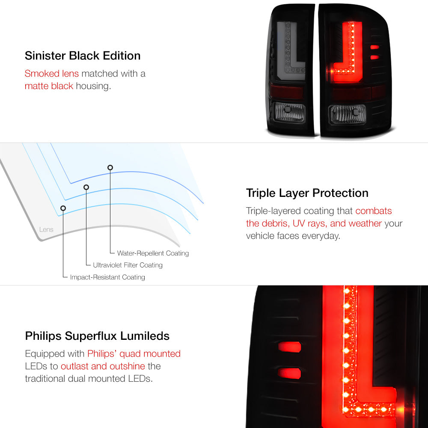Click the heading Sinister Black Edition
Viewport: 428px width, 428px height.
click(83, 56)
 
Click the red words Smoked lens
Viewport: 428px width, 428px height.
click(52, 74)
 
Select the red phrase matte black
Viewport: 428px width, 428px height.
click(49, 86)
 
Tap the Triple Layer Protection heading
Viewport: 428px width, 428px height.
click(307, 193)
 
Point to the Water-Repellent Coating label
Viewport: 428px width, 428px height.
click(153, 253)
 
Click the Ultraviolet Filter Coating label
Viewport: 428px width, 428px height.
click(128, 265)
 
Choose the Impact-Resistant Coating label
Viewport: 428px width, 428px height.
click(107, 277)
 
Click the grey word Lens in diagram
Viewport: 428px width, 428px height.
click(46, 229)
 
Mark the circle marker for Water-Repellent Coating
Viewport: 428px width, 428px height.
click(110, 167)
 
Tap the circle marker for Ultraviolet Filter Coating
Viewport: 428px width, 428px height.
click(86, 187)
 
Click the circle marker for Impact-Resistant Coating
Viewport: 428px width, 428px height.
click(63, 208)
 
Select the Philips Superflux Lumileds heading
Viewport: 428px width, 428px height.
click(97, 336)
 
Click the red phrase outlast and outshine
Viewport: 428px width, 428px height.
click(103, 366)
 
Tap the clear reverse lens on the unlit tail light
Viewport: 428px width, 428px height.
click(289, 112)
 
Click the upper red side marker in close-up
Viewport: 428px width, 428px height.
click(290, 347)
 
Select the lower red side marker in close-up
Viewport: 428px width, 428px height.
click(289, 373)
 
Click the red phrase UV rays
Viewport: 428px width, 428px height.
click(309, 223)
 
